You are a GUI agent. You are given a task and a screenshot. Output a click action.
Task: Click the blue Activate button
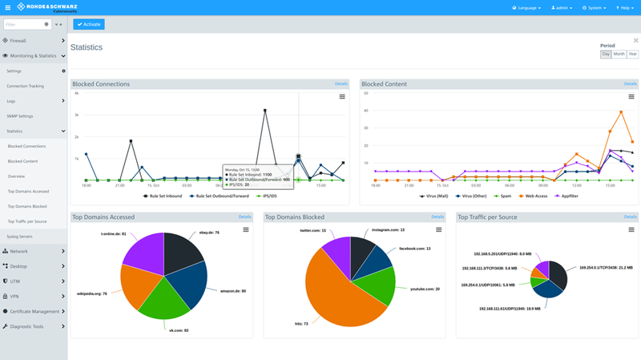[x=88, y=24]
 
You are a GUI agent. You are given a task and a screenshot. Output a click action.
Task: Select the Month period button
[x=619, y=54]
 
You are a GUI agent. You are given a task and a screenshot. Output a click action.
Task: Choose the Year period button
[x=633, y=54]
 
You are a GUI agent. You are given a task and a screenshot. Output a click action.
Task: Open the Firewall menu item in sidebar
[x=18, y=39]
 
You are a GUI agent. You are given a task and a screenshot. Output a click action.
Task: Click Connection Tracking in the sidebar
[x=25, y=86]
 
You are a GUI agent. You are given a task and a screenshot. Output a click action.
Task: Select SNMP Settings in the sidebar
[x=20, y=116]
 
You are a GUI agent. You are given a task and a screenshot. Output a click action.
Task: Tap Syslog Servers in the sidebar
[x=21, y=237]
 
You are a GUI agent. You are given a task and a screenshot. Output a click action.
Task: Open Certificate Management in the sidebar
[x=34, y=311]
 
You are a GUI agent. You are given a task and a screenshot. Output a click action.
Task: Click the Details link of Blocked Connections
[x=341, y=83]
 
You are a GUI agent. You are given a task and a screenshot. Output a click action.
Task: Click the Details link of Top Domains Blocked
[x=437, y=216]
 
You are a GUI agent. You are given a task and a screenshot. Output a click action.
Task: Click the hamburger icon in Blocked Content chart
[x=631, y=96]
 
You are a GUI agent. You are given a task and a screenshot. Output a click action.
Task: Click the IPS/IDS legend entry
[x=267, y=196]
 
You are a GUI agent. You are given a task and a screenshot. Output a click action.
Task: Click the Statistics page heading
[x=87, y=47]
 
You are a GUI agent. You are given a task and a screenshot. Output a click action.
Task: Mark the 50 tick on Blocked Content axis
[x=365, y=93]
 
